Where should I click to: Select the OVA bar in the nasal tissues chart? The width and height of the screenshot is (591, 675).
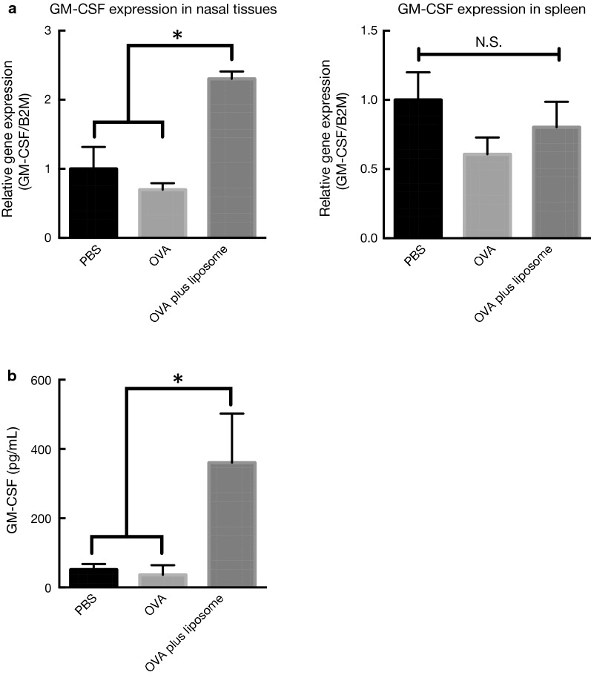(162, 214)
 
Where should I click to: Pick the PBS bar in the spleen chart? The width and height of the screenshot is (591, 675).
(418, 168)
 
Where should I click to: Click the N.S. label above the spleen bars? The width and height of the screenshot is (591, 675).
(489, 42)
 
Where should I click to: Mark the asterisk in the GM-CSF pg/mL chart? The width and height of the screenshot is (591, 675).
(178, 381)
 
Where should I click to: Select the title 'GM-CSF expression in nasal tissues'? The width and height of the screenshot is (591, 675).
(142, 10)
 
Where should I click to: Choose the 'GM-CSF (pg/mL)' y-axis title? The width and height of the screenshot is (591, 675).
(13, 484)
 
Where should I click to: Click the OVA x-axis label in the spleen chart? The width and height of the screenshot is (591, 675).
(480, 260)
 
